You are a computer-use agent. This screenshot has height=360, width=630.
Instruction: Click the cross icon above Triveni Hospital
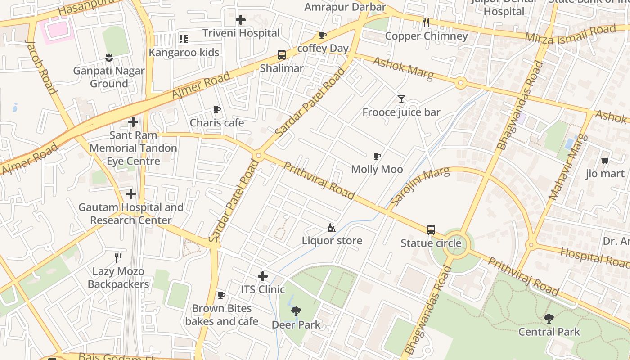coord(241,20)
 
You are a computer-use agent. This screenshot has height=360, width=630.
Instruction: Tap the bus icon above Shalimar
coord(282,55)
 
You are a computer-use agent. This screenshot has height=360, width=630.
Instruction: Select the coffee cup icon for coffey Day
coord(322,35)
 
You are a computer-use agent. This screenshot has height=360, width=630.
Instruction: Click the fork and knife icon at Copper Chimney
coord(426,22)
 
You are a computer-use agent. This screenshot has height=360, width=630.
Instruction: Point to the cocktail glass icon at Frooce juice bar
coord(401,99)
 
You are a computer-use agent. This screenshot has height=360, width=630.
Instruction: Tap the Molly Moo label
coord(377,169)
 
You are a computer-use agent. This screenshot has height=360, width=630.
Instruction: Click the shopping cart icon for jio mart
coord(605,160)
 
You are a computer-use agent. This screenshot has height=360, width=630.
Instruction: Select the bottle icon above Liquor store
coord(332,228)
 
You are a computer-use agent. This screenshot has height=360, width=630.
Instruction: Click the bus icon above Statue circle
coord(431,230)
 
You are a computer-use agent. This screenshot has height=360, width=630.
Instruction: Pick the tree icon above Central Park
coord(549,319)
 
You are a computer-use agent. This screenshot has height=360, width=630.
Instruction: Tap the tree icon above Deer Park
coord(296,311)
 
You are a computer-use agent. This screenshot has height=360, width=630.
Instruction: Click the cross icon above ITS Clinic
coord(263,276)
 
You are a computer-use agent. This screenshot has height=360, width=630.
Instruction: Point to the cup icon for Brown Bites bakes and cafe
coord(221,295)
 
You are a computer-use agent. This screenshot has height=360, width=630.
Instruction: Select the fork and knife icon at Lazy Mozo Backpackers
coord(118,257)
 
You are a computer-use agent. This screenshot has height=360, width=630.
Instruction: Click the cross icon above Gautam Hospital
coord(131,194)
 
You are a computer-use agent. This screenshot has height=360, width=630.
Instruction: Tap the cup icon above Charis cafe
coord(217,109)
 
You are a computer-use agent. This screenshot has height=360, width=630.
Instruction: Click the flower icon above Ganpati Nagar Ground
coord(108,57)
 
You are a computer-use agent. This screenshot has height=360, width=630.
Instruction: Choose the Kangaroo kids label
coord(184,52)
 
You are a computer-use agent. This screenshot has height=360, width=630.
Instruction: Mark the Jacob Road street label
coord(41,67)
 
